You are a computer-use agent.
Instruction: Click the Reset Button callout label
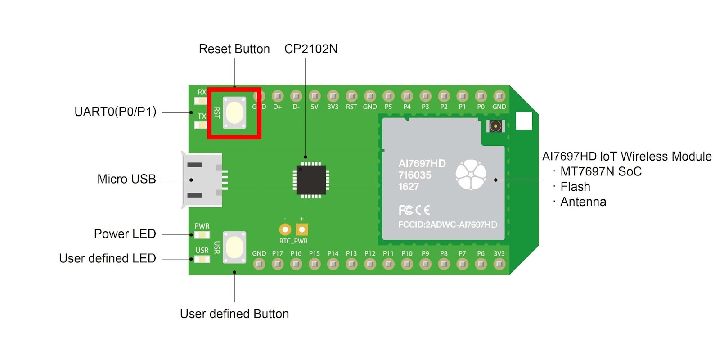[234, 49]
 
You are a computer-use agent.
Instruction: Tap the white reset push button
[234, 112]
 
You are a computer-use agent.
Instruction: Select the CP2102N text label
[311, 49]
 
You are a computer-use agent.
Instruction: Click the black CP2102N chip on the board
[311, 180]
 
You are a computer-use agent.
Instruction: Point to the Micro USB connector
[202, 180]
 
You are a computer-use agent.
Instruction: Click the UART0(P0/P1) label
[115, 112]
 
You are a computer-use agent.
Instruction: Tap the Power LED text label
[125, 234]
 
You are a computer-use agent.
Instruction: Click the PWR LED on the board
[202, 235]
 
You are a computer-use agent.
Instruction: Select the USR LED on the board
[202, 259]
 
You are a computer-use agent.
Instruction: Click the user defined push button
[234, 247]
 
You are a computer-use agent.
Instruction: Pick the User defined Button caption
[234, 314]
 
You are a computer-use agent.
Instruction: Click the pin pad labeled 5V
[315, 96]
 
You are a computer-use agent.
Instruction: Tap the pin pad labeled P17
[278, 264]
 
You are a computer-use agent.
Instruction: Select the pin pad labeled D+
[278, 96]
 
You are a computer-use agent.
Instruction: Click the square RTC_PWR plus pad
[302, 229]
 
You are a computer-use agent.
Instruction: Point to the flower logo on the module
[471, 175]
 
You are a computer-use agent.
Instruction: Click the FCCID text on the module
[447, 225]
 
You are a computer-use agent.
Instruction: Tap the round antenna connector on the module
[495, 126]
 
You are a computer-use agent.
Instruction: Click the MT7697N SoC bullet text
[601, 171]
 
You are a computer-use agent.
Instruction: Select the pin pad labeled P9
[425, 264]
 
